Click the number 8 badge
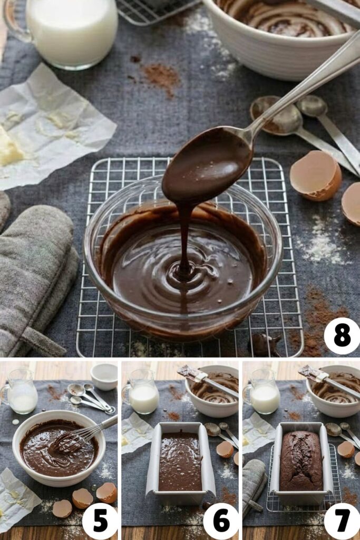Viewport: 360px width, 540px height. pyautogui.click(x=342, y=336)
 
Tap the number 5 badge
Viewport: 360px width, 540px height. pyautogui.click(x=100, y=521)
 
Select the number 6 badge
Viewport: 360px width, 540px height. pyautogui.click(x=221, y=521)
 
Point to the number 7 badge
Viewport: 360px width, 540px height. pyautogui.click(x=342, y=521)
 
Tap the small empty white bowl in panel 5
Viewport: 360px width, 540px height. pyautogui.click(x=104, y=375)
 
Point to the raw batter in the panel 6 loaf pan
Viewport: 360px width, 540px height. pyautogui.click(x=180, y=461)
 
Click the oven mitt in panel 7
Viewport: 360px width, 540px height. pyautogui.click(x=254, y=483)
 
